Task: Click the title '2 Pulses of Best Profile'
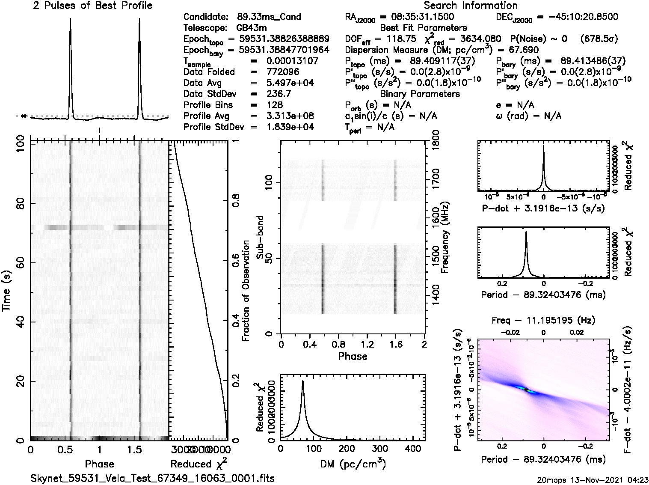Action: tap(92, 6)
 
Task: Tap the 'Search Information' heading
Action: tap(471, 6)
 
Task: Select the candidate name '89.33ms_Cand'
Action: tap(269, 17)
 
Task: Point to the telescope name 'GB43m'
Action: tap(250, 28)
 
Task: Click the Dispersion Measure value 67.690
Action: tap(524, 50)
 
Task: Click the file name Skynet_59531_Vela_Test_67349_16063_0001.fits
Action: tap(153, 478)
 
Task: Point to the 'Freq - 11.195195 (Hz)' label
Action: tap(543, 320)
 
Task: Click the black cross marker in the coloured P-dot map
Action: tap(525, 390)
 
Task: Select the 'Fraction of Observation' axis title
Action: tap(246, 291)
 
